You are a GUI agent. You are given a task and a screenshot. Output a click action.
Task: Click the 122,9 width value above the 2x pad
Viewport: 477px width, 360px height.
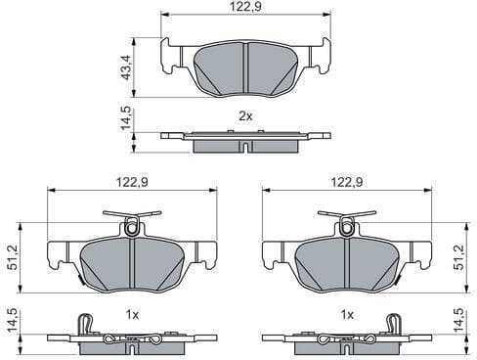[x=245, y=7]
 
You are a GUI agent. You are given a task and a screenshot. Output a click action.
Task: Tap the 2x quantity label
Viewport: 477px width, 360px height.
[x=245, y=115]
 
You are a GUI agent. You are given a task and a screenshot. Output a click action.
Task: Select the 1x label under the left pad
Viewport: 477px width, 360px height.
[x=133, y=314]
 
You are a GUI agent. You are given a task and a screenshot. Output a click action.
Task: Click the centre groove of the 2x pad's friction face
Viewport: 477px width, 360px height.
[x=245, y=68]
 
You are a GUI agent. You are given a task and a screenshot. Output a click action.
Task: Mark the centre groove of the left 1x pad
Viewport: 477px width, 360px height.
[x=132, y=264]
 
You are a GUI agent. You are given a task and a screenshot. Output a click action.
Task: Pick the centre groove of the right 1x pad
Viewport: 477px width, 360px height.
[x=345, y=264]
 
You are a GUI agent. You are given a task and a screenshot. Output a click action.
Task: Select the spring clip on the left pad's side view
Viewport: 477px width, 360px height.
[x=84, y=324]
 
